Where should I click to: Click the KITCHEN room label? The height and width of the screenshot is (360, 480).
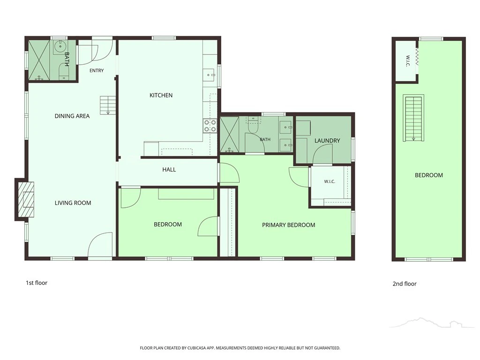pos(161,95)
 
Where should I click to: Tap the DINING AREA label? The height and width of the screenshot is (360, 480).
pos(72,116)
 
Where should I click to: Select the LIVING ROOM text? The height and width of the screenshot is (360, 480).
pos(73,202)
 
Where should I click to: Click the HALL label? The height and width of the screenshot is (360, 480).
pos(169,170)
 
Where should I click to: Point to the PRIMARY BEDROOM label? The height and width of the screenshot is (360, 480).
pos(288,225)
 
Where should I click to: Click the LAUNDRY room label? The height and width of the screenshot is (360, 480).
pos(327,141)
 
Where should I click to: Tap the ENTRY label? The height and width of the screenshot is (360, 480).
pos(97,70)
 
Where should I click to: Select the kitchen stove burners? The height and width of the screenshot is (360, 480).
pos(210,126)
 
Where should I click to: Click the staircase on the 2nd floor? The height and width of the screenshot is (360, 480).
pos(413,118)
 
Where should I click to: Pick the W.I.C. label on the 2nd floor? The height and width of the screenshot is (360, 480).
pos(407,61)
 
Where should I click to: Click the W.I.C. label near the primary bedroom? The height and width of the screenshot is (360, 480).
pos(330,181)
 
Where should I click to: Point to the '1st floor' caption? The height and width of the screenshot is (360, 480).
pos(37,283)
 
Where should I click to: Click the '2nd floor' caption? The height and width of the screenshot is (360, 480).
pos(405,284)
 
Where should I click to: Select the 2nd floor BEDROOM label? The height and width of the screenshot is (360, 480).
pos(428,175)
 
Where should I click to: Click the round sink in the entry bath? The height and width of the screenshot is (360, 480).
pos(60,46)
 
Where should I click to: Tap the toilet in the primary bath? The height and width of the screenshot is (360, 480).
pos(253,125)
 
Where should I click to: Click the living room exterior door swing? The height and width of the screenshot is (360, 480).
pos(100,244)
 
